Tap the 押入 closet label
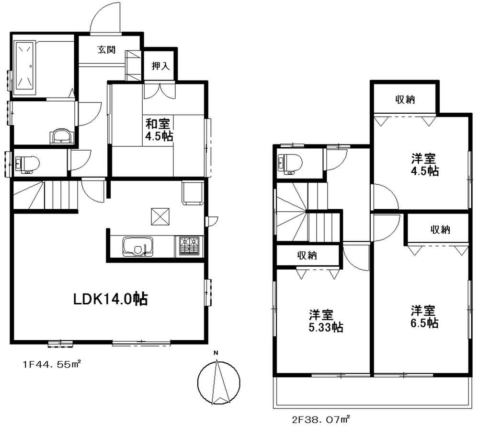point(160,66)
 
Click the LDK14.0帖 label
point(110,299)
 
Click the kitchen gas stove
point(190,246)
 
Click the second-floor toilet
point(288,162)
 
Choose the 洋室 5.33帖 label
point(325,321)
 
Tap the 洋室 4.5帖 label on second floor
point(424,164)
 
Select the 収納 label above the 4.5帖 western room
point(405,100)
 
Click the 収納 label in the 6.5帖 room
point(440,229)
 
